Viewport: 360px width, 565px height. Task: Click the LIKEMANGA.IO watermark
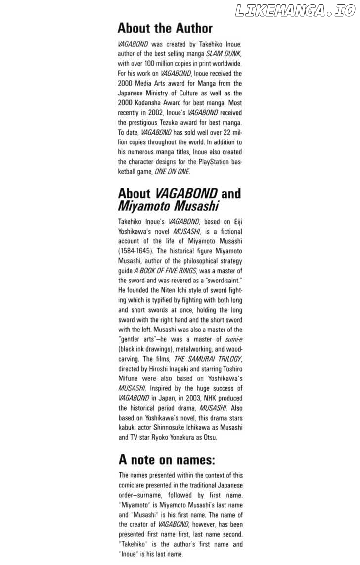[x=295, y=11]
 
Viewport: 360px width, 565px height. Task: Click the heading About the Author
[x=165, y=28]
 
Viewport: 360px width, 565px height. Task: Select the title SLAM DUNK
[x=224, y=53]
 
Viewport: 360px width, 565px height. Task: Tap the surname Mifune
[x=130, y=378]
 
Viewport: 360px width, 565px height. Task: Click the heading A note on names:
[x=167, y=460]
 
